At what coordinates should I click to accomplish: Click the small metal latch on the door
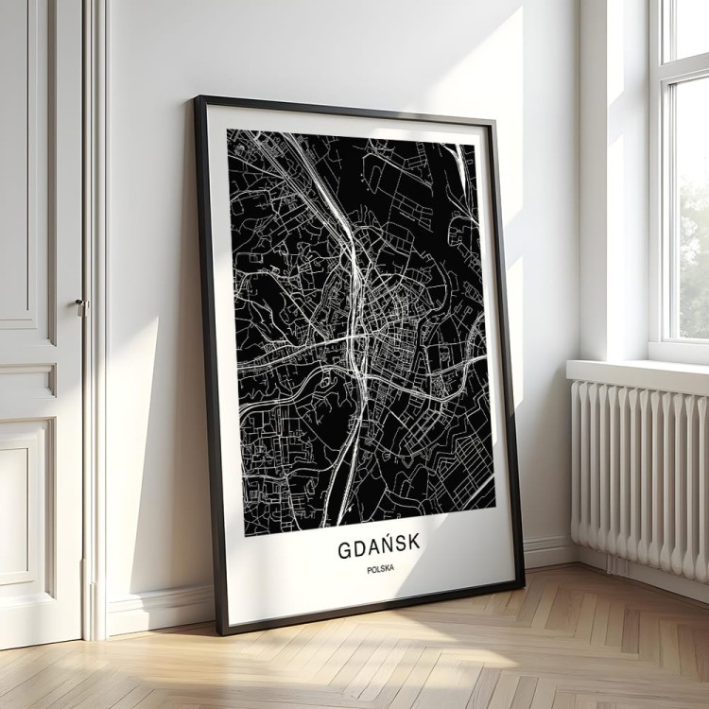pos(81,306)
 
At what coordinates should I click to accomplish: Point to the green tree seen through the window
pos(694,255)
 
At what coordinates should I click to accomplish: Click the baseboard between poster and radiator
pos(548,551)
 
